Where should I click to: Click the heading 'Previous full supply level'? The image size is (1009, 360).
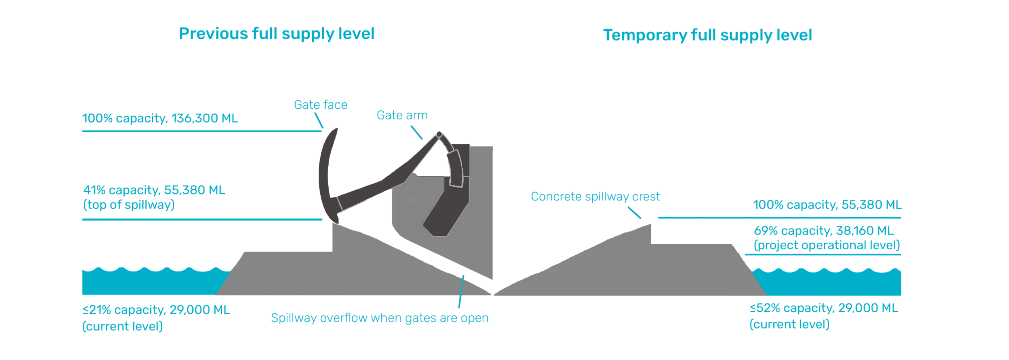tap(276, 33)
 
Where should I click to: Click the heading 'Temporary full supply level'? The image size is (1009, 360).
tap(707, 35)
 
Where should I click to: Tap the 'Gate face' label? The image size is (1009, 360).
tap(321, 105)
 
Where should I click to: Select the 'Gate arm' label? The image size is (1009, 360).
tap(402, 115)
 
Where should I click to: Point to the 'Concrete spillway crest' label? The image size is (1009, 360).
tap(595, 196)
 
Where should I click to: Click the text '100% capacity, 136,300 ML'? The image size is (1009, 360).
tap(160, 118)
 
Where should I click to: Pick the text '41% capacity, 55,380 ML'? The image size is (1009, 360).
tap(154, 190)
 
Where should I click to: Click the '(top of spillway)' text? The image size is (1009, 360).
tap(129, 205)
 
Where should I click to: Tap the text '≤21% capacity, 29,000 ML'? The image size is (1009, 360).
tap(156, 310)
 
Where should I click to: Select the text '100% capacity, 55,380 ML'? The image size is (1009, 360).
tap(827, 205)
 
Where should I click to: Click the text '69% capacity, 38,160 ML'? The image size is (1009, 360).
tap(823, 230)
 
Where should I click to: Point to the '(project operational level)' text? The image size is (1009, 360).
tap(827, 245)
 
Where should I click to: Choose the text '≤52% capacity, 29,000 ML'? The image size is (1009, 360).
tap(824, 308)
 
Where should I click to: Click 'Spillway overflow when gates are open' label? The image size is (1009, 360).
tap(380, 318)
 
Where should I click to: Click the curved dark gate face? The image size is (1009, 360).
tap(325, 172)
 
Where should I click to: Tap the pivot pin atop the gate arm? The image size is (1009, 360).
tap(439, 134)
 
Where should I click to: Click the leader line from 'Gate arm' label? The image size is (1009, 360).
tap(416, 132)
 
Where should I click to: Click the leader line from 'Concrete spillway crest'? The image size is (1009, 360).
tap(635, 213)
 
